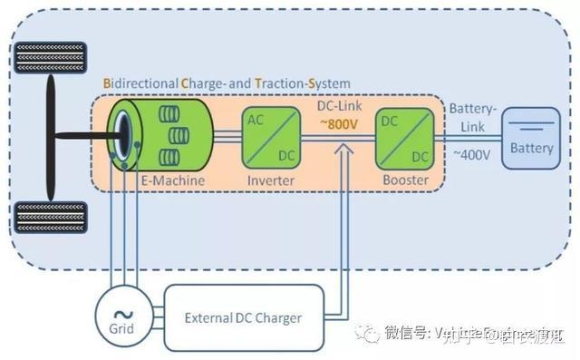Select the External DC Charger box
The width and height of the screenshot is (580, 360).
[x=243, y=317]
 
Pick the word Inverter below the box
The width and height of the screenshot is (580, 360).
[x=271, y=181]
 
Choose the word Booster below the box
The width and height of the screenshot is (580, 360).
[x=404, y=181]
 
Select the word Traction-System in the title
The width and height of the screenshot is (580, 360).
[x=302, y=83]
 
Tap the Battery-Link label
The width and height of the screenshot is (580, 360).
[x=472, y=115]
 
